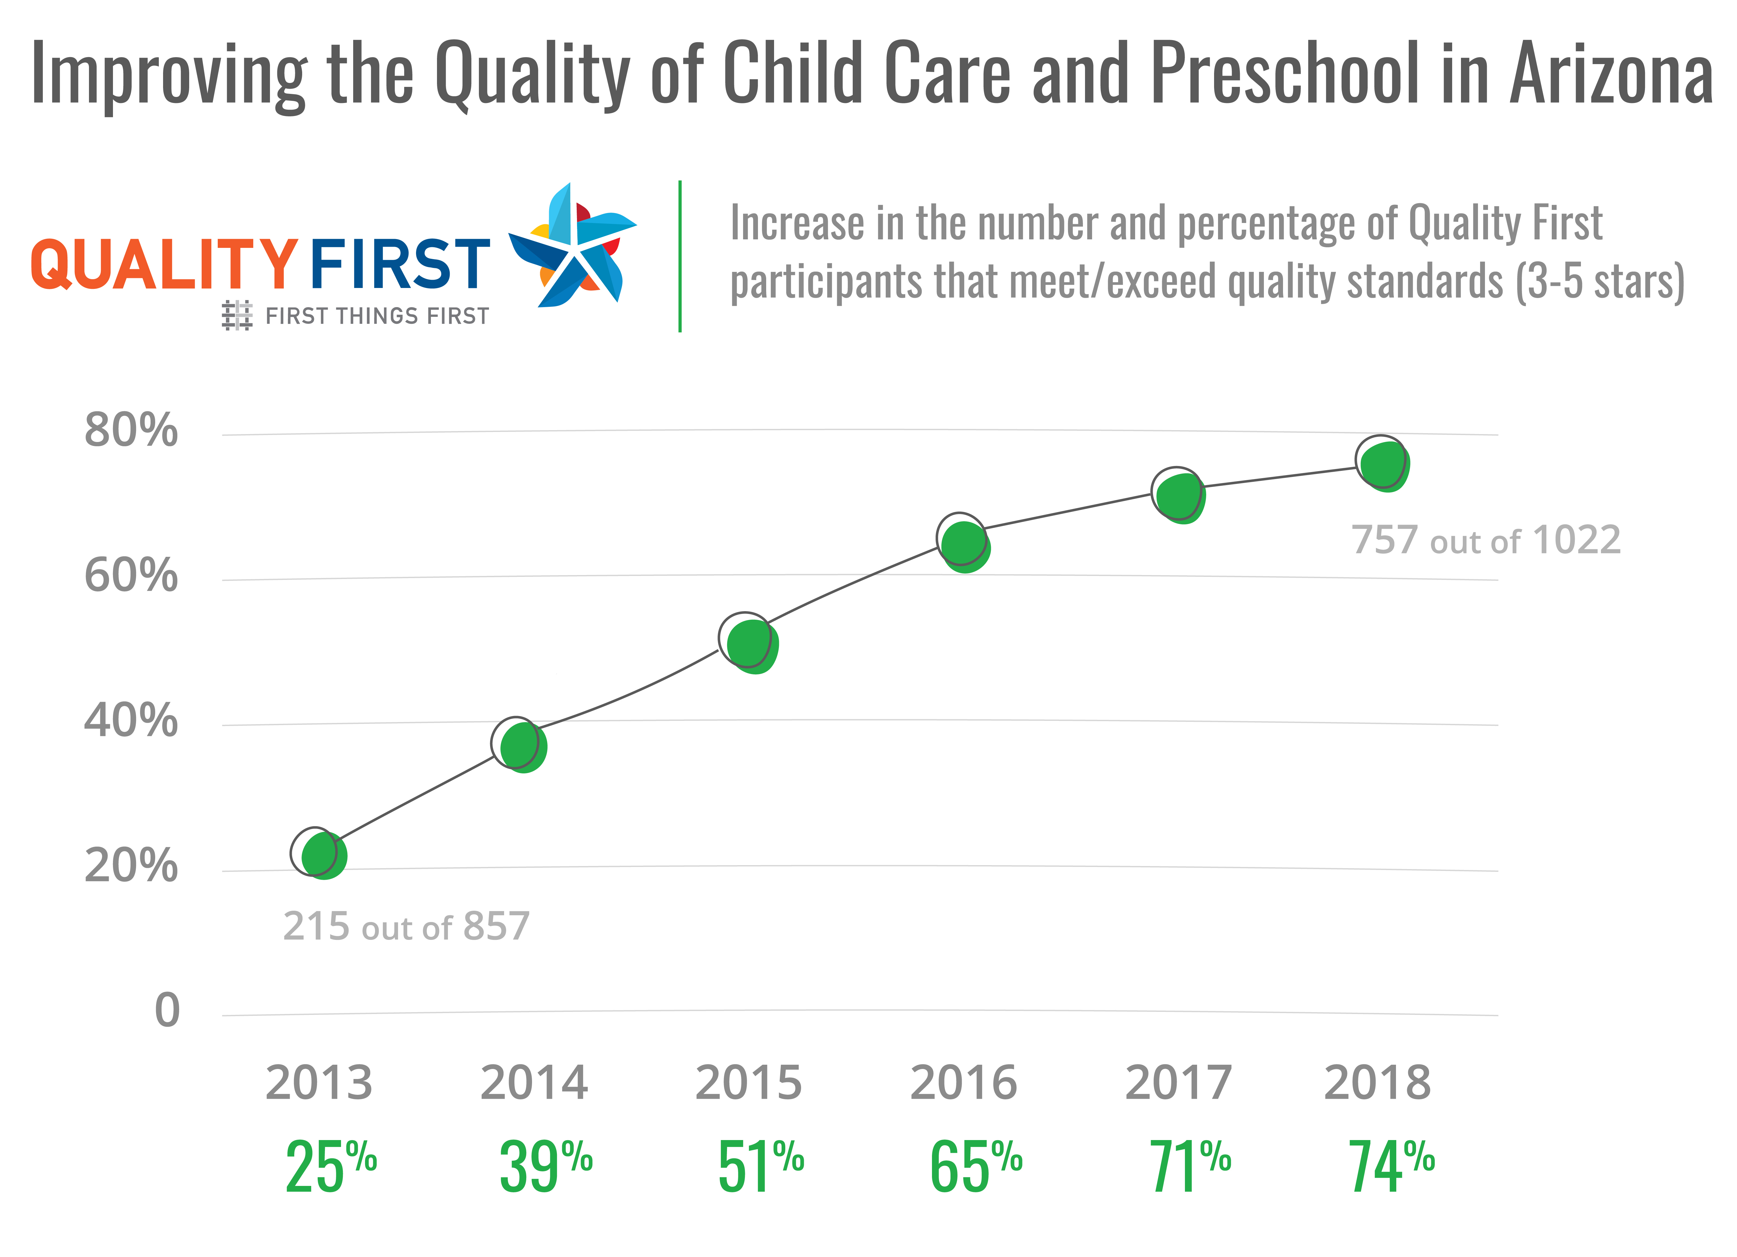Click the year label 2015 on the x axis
pos(748,1083)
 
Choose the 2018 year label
pos(1377,1083)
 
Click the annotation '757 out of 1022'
pos(1486,541)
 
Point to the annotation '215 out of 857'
pos(406,927)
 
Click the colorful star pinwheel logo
pos(575,247)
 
